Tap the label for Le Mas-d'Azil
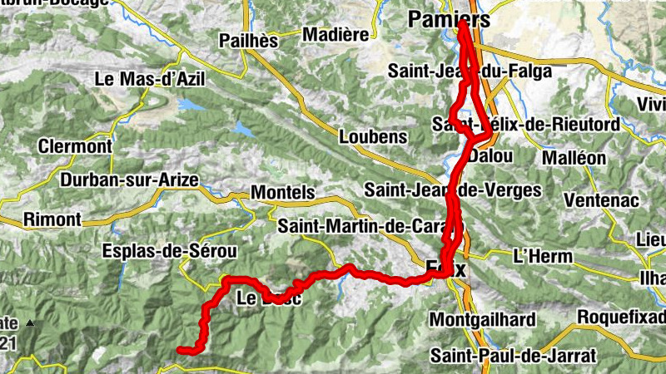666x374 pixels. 150,80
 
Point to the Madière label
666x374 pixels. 335,35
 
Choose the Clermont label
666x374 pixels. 75,146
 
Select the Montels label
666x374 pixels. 283,193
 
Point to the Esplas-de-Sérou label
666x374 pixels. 169,251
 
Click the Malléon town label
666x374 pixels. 582,158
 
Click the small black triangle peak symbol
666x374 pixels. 30,322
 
